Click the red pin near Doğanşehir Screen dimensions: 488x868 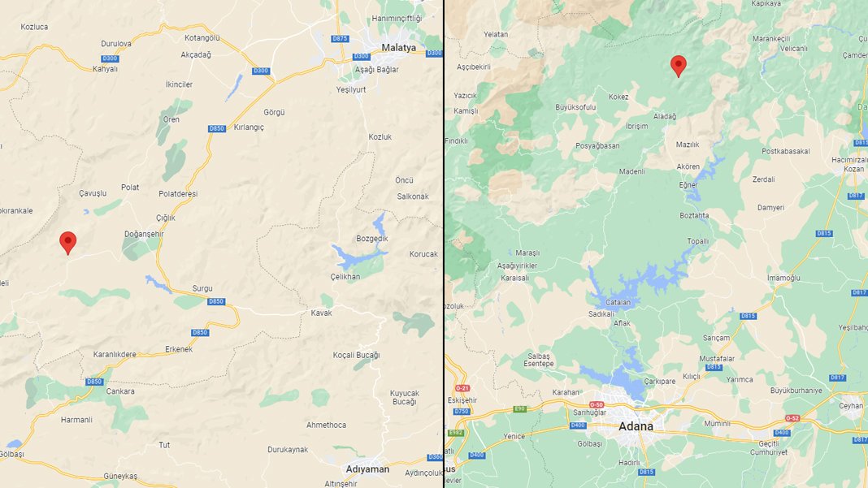(x=68, y=242)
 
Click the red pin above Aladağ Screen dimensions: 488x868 (x=678, y=65)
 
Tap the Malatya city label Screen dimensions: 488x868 (x=398, y=48)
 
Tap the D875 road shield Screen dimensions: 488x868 (x=341, y=39)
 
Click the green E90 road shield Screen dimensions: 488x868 (x=520, y=408)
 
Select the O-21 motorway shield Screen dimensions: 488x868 (x=463, y=388)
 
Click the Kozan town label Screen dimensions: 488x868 (x=853, y=168)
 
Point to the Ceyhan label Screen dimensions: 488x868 (x=852, y=405)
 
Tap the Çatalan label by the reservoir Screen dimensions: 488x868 (x=618, y=302)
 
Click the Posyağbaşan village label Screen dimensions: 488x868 (x=597, y=146)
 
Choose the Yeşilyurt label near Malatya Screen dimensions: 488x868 (x=353, y=90)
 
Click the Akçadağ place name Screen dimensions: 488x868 (x=195, y=55)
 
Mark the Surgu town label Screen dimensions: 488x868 (x=202, y=288)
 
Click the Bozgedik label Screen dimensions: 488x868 (x=372, y=238)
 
